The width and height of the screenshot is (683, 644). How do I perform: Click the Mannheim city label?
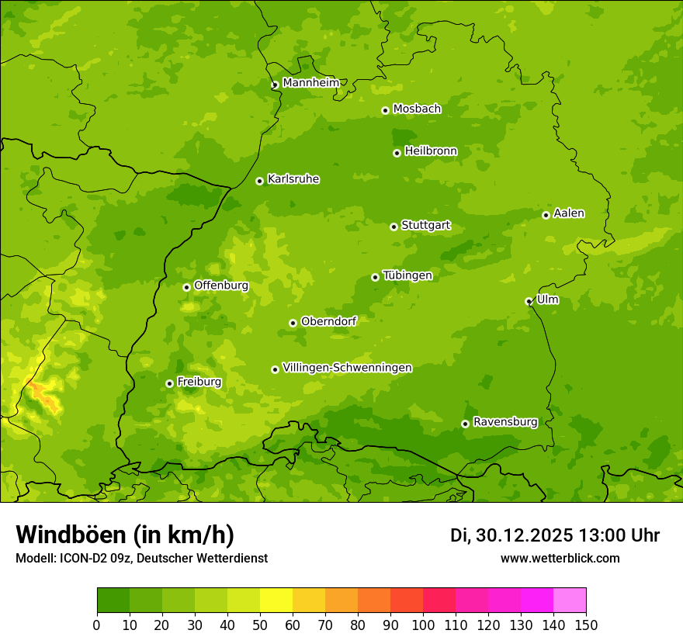(x=310, y=83)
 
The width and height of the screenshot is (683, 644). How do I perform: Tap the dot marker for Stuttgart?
(x=394, y=227)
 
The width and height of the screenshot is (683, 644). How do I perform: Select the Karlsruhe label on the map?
(x=293, y=179)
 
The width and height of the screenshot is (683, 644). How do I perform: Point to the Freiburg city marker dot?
(x=169, y=383)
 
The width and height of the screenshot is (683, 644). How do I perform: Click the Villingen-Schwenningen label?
(x=347, y=368)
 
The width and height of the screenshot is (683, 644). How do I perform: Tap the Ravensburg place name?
(x=504, y=422)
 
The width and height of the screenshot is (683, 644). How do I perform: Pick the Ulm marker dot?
(x=529, y=301)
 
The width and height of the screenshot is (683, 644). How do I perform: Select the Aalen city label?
(x=569, y=213)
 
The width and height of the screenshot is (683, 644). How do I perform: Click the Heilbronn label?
(x=431, y=151)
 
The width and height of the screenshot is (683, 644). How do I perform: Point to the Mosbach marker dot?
(x=385, y=110)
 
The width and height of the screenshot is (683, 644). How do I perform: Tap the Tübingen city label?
(x=407, y=275)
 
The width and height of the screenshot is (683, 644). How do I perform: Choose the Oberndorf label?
(x=328, y=321)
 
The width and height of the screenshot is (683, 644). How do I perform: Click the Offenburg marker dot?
(x=186, y=287)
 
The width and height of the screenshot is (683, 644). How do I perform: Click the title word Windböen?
(x=71, y=535)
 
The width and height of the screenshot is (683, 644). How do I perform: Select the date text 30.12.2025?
(x=525, y=535)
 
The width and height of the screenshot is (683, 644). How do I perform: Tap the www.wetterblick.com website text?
(x=560, y=558)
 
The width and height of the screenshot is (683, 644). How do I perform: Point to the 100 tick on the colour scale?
(x=422, y=625)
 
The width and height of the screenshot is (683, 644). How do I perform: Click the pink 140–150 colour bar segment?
(x=569, y=600)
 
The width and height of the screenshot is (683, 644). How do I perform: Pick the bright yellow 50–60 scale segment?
(x=276, y=600)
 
